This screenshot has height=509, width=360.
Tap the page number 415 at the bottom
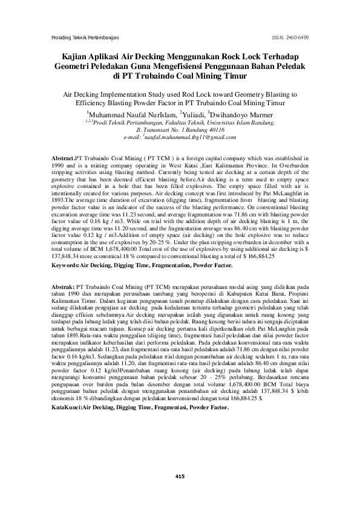click(180, 478)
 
